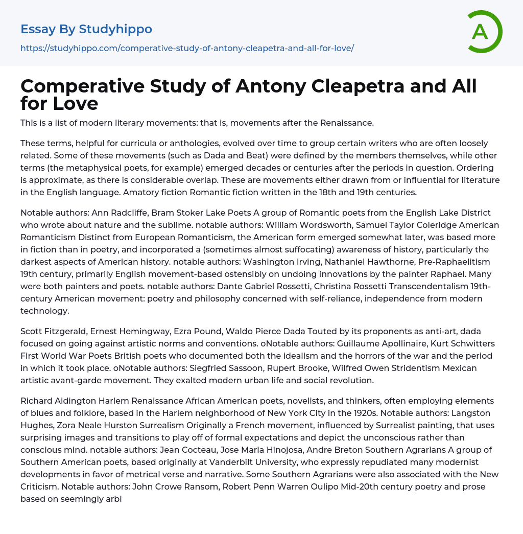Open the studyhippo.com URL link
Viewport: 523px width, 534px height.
pos(187,48)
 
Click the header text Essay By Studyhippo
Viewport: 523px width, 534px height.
pos(86,29)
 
